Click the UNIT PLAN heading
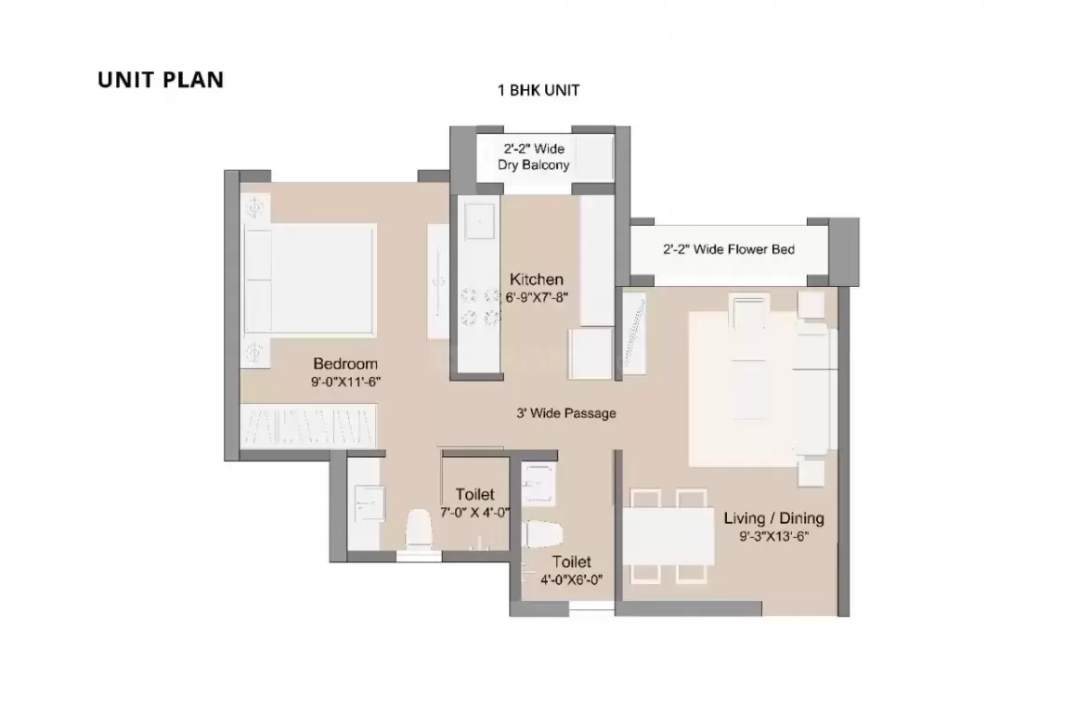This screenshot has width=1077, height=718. (x=161, y=80)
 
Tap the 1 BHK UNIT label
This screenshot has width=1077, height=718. (x=538, y=90)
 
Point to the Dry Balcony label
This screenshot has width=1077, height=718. (x=534, y=165)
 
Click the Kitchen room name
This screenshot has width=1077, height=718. (x=537, y=280)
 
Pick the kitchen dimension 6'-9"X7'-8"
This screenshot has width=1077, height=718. (x=538, y=297)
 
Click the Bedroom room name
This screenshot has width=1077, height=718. (x=345, y=363)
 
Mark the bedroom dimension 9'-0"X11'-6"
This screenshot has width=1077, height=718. (x=345, y=382)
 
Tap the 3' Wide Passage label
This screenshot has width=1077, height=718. (x=566, y=413)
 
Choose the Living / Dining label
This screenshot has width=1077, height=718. (x=774, y=518)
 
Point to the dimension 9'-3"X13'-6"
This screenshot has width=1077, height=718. (x=774, y=536)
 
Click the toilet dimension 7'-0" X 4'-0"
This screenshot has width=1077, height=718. (x=475, y=512)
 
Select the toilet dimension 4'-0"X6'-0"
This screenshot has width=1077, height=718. (x=572, y=580)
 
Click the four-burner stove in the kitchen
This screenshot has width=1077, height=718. (x=480, y=307)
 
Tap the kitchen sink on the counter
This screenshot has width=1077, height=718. (x=478, y=220)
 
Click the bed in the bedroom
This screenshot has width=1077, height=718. (x=310, y=280)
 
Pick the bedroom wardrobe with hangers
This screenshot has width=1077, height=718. (x=308, y=426)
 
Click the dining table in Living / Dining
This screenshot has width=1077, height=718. (x=669, y=537)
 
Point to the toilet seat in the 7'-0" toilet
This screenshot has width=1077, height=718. (x=419, y=530)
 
